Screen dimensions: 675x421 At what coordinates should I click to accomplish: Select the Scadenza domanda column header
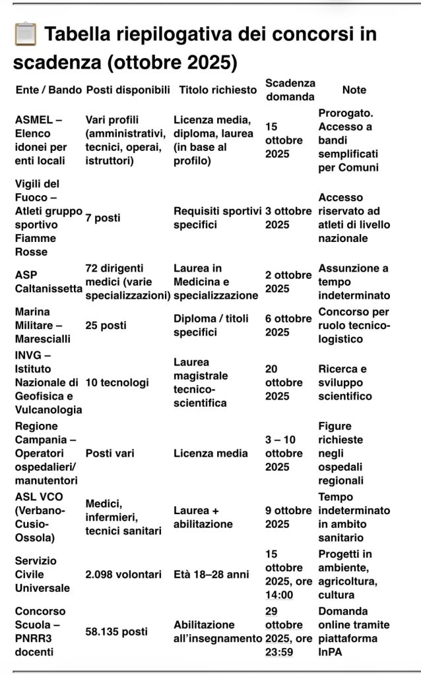coord(290,90)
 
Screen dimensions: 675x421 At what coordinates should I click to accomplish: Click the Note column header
coord(354,90)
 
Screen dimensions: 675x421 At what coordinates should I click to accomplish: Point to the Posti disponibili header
coord(128,90)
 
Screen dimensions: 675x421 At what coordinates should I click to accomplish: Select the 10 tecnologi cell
coord(117,382)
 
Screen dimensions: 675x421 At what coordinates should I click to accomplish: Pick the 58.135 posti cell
coord(116,631)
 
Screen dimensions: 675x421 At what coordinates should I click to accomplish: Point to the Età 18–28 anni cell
coord(211,575)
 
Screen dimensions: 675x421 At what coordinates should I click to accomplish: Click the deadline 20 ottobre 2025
coord(284,382)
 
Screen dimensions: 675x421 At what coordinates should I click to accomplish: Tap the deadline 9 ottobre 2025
coord(288,517)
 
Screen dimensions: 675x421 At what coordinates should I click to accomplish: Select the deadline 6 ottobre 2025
coord(288,326)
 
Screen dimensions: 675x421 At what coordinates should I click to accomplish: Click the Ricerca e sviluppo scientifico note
coord(344,382)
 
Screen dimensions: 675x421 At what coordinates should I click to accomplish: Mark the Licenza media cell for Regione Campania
coord(210,454)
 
